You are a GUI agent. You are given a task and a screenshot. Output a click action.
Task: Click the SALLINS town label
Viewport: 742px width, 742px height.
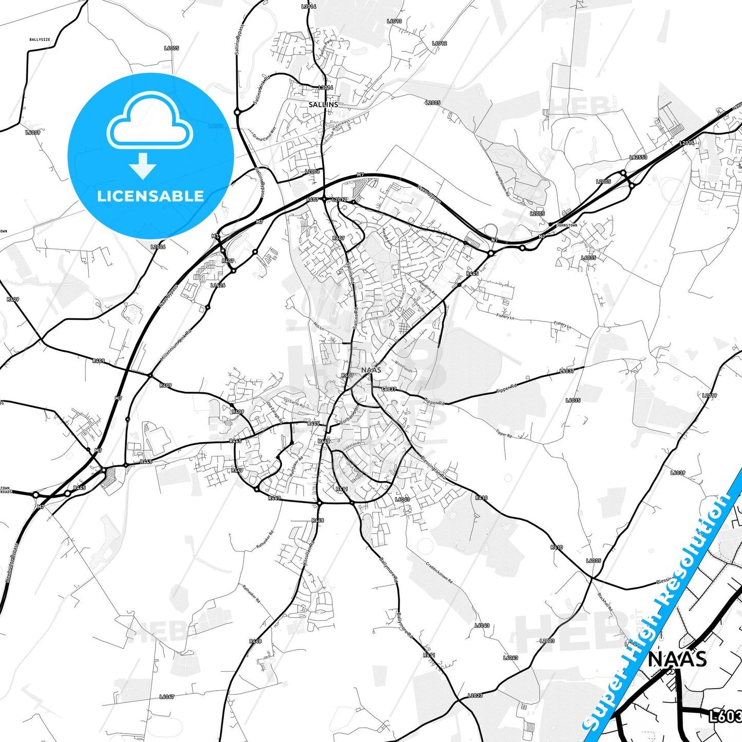coord(323,104)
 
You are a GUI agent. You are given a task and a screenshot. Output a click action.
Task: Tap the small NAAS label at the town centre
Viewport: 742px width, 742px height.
coord(371,370)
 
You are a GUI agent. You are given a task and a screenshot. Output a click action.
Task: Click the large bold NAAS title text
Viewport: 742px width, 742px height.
coord(677,659)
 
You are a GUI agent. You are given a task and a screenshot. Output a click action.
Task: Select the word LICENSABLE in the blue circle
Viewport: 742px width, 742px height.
coord(150,196)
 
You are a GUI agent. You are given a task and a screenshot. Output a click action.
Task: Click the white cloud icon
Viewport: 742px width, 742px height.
coord(149,122)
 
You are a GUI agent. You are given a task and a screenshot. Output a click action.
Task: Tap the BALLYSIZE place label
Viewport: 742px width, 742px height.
coord(40,39)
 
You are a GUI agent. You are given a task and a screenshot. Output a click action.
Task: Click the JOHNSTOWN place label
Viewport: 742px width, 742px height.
coord(567,225)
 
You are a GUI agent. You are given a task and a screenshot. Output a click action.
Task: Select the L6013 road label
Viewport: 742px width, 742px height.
coord(394,22)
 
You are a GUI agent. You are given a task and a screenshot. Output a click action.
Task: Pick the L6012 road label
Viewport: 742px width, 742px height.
coord(439,44)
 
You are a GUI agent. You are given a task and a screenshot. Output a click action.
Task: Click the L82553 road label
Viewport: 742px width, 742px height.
coord(638,158)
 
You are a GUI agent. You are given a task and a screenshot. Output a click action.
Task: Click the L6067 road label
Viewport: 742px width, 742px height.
coord(167,697)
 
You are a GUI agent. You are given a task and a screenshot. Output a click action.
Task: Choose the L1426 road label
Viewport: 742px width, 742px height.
coord(218,285)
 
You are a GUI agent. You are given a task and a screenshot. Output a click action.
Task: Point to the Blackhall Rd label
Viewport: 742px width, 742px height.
coord(605,601)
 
